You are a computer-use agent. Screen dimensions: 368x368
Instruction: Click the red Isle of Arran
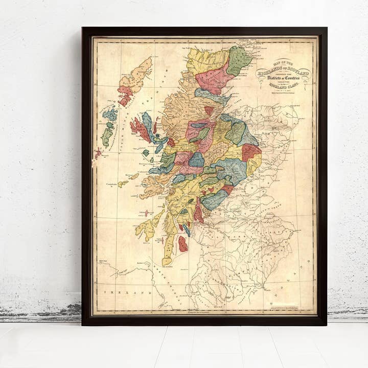(182, 244)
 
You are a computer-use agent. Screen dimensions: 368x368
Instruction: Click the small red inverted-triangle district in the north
(209, 110)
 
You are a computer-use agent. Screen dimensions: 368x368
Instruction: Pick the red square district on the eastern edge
(250, 152)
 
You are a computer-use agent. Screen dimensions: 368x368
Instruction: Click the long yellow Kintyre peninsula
(169, 245)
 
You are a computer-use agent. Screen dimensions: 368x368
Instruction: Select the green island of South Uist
(107, 136)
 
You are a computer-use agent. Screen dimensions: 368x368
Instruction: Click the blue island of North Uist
(110, 114)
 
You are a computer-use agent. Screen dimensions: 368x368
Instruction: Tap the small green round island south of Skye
(146, 152)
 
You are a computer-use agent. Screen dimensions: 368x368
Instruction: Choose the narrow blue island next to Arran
(187, 230)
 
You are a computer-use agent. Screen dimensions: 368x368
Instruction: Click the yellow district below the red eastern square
(254, 165)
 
